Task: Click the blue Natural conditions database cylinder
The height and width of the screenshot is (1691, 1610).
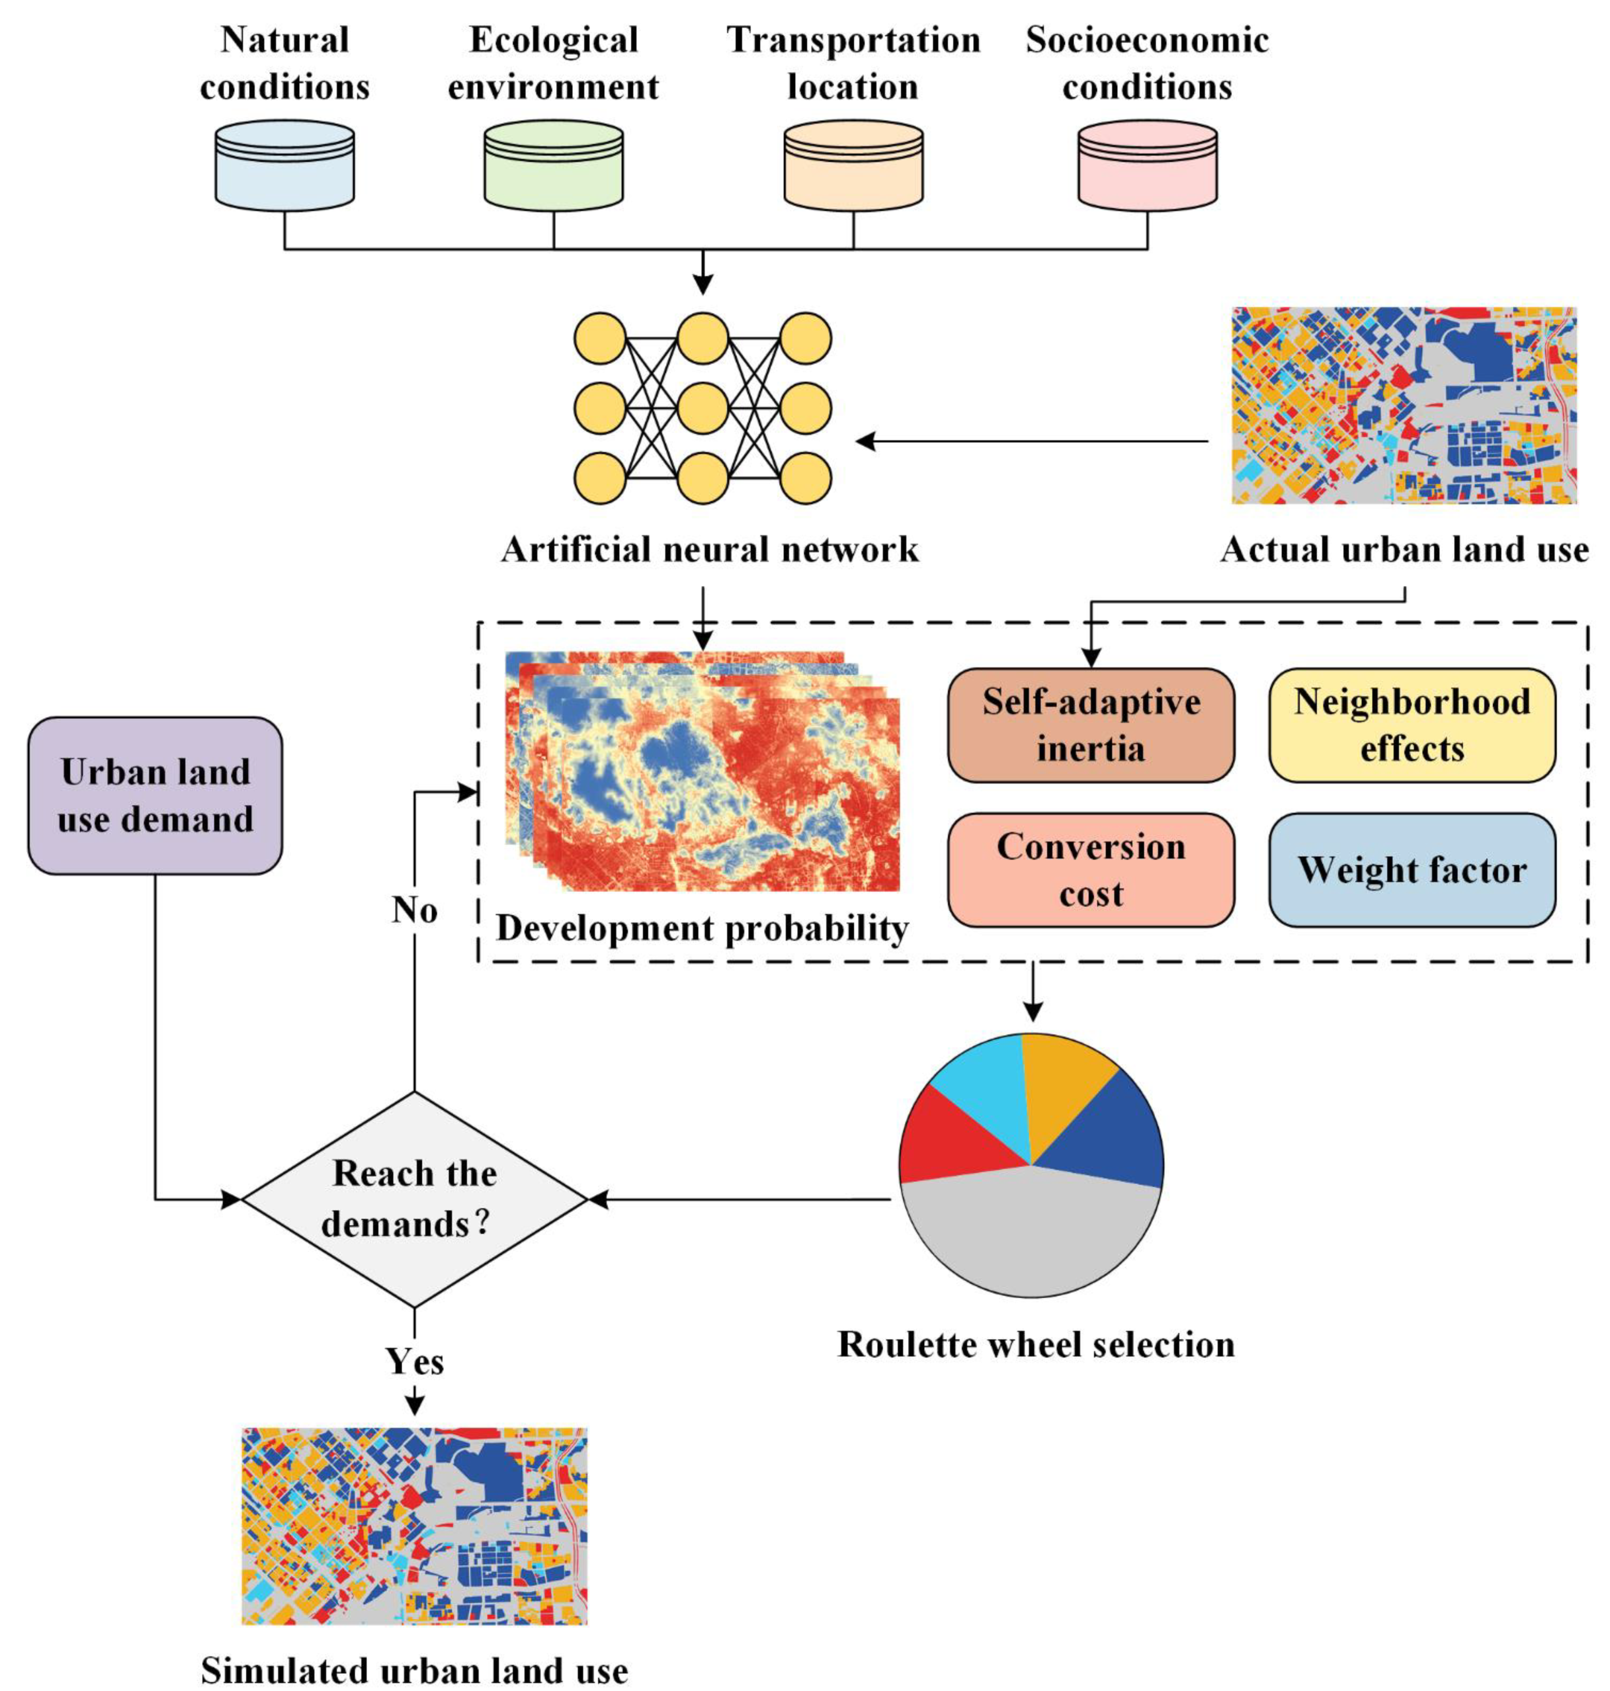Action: [x=284, y=166]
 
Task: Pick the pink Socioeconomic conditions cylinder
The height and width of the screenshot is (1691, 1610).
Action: [x=1147, y=166]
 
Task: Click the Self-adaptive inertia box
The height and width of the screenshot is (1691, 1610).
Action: [x=1090, y=725]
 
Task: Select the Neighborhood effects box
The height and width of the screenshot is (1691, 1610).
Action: [x=1411, y=725]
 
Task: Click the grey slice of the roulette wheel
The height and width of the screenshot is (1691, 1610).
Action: [x=1030, y=1236]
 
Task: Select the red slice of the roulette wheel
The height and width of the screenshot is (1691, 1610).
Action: [x=953, y=1137]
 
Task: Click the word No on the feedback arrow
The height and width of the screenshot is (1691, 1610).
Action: [x=414, y=910]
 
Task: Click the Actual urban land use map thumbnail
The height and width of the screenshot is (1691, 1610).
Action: [x=1403, y=405]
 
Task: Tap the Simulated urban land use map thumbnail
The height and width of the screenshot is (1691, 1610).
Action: [x=414, y=1525]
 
